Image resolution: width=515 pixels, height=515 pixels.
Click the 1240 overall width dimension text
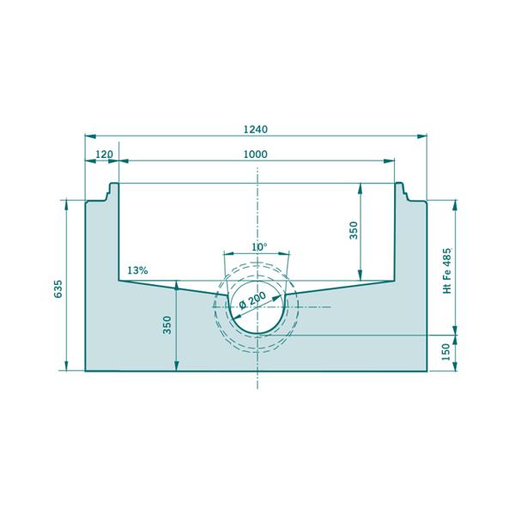coord(256,130)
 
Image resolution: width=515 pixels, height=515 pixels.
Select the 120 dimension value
coord(104,154)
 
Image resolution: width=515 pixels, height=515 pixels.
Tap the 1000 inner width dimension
coord(256,154)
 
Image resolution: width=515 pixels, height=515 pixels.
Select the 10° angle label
coord(258,246)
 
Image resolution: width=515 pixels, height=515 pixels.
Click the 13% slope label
coord(137,270)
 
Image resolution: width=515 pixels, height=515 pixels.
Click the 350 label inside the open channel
coord(353,232)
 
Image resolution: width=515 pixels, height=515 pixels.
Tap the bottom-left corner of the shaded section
coord(86,371)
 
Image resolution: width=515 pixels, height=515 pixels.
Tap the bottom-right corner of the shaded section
coord(427,371)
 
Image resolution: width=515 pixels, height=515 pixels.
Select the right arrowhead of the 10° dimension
coord(289,253)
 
